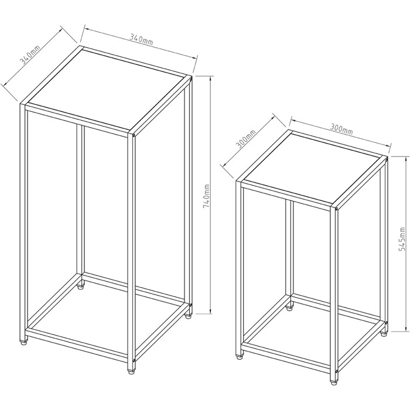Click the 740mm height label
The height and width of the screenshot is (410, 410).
(206, 196)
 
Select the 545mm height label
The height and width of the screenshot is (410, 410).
(402, 239)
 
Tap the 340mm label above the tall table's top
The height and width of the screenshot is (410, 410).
(141, 39)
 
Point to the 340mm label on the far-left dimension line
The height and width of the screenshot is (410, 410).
(30, 55)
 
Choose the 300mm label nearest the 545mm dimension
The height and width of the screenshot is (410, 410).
(341, 128)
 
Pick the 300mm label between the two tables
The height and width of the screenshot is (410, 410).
(246, 139)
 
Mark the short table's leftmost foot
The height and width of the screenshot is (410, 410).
(239, 356)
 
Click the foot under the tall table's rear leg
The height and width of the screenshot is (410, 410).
(81, 286)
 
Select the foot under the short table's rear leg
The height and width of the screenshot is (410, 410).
(289, 307)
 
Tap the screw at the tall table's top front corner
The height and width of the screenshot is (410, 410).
(134, 135)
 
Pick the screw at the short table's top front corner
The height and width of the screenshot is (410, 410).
(336, 209)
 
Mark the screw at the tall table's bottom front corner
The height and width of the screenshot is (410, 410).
(134, 361)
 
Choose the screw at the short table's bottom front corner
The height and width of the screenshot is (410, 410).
(336, 371)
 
